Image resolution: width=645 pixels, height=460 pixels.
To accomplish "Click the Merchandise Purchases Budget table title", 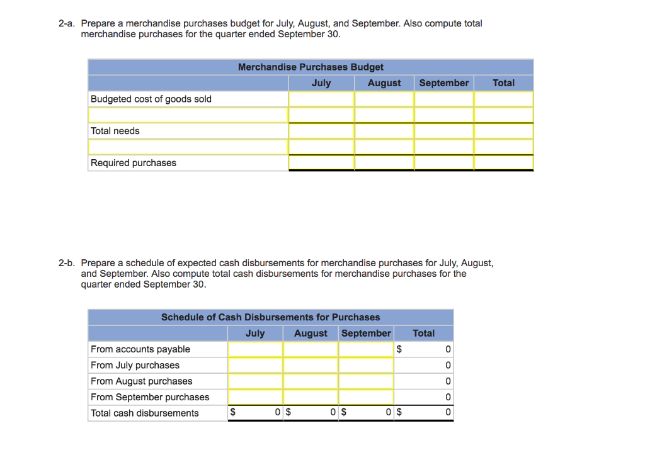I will pyautogui.click(x=311, y=67).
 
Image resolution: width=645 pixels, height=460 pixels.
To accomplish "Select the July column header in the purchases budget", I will pyautogui.click(x=321, y=83).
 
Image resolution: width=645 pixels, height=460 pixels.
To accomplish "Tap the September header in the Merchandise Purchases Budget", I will pyautogui.click(x=443, y=83).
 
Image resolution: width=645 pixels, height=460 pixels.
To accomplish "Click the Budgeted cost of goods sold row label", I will pyautogui.click(x=151, y=99).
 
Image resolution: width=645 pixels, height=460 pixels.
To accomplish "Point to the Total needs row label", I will pyautogui.click(x=115, y=131).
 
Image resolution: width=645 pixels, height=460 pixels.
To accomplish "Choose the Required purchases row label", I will pyautogui.click(x=134, y=163).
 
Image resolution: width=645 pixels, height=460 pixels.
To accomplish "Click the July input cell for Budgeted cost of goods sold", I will pyautogui.click(x=321, y=99).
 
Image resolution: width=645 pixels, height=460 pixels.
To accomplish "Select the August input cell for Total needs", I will pyautogui.click(x=384, y=131).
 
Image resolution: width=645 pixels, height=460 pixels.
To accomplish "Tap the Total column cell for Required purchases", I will pyautogui.click(x=503, y=163).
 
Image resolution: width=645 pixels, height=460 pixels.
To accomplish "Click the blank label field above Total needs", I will pyautogui.click(x=188, y=115).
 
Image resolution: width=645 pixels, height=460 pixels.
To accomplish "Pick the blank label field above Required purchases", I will pyautogui.click(x=188, y=147).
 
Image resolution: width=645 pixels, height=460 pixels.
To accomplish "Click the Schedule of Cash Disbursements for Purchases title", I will pyautogui.click(x=270, y=317).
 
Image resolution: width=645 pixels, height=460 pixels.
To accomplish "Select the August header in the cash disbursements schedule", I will pyautogui.click(x=311, y=334).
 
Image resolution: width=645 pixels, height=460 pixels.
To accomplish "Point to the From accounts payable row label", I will pyautogui.click(x=140, y=349).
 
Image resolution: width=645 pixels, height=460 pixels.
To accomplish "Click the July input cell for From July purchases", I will pyautogui.click(x=255, y=365).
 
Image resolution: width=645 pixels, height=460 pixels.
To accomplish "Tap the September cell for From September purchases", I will pyautogui.click(x=366, y=397).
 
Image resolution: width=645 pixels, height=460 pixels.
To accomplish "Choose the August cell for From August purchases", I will pyautogui.click(x=311, y=381).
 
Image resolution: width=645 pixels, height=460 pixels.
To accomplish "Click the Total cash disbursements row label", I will pyautogui.click(x=145, y=413).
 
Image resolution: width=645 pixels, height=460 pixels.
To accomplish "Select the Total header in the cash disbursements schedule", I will pyautogui.click(x=423, y=334).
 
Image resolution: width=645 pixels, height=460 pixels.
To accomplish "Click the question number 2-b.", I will pyautogui.click(x=67, y=263).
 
